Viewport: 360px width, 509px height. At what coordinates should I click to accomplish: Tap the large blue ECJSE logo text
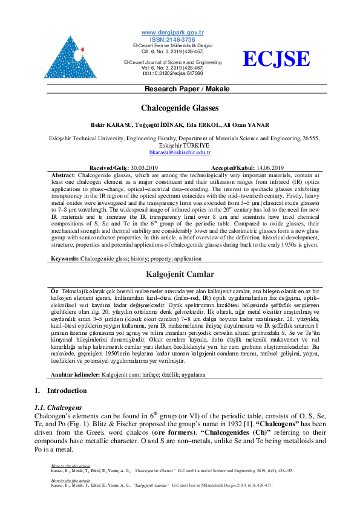click(276, 59)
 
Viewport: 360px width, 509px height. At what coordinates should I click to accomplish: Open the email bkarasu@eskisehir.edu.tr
click(180, 154)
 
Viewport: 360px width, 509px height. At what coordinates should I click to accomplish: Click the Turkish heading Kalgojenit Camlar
click(180, 274)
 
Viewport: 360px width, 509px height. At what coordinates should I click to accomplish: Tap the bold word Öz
click(54, 291)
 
